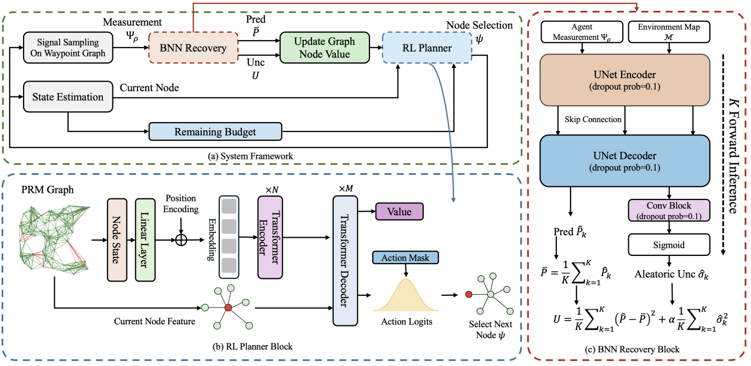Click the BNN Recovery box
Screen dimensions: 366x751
click(192, 48)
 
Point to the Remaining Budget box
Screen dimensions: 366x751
click(215, 132)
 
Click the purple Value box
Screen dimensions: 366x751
click(400, 211)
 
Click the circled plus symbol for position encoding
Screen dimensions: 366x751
click(180, 239)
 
